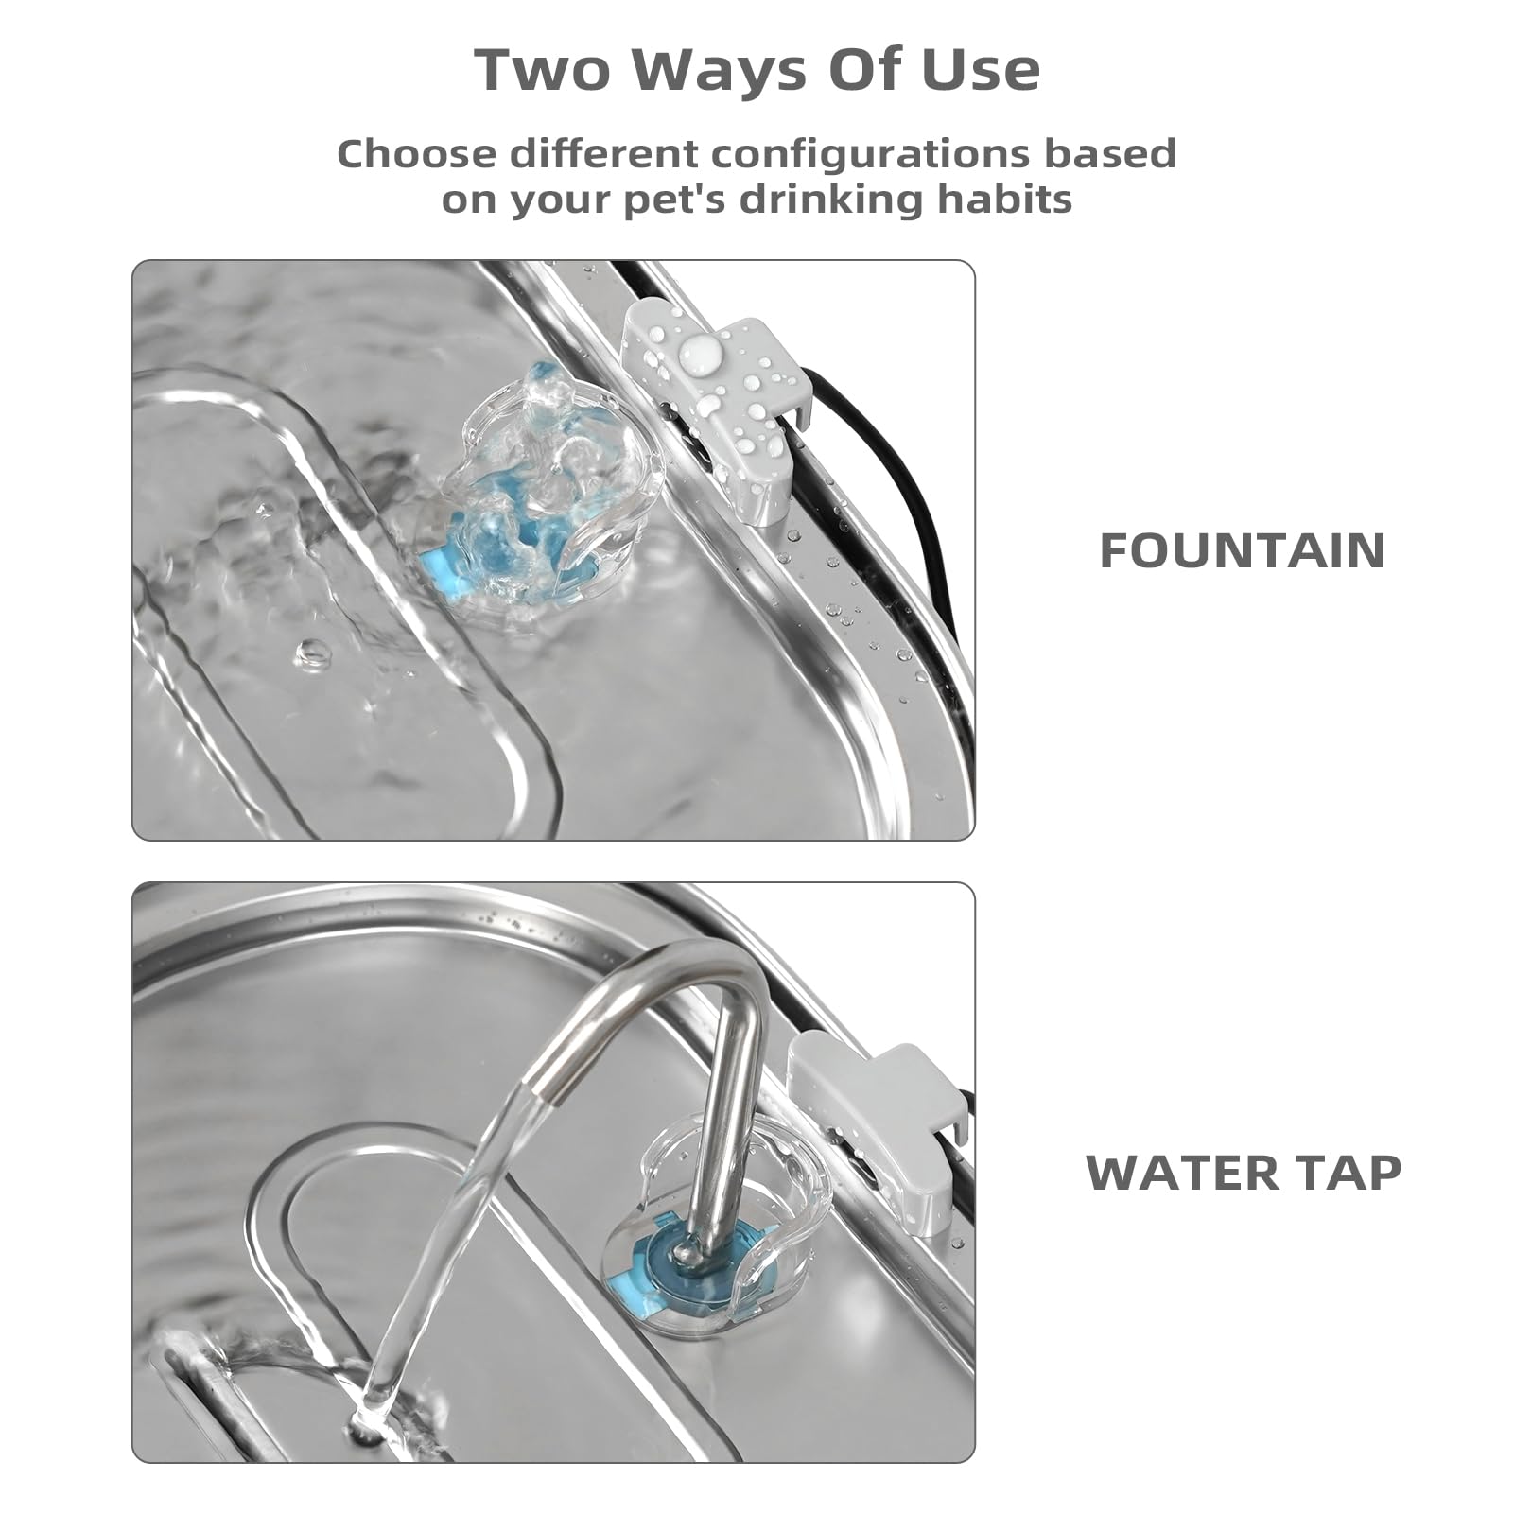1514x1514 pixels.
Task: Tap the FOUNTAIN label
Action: coord(1243,550)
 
